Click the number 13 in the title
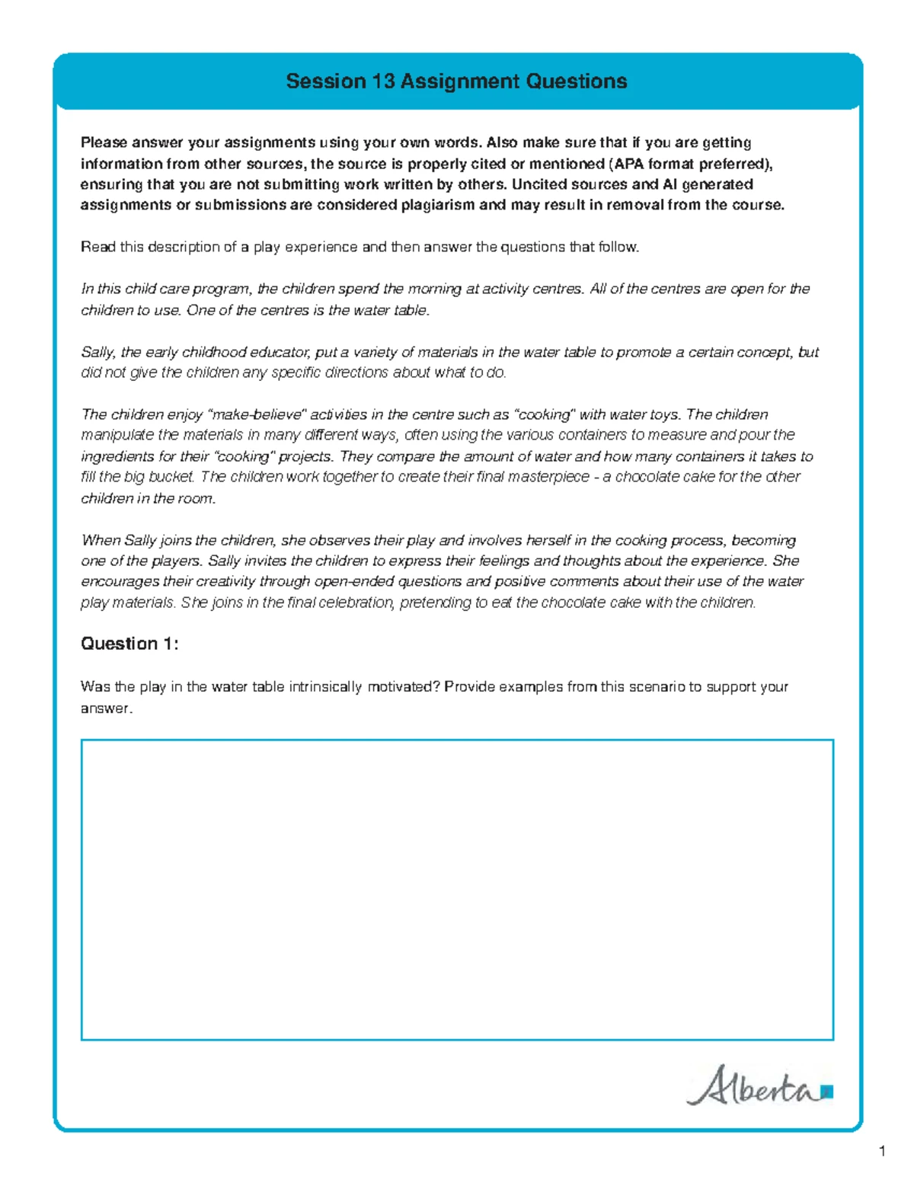pyautogui.click(x=383, y=82)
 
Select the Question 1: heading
pyautogui.click(x=129, y=644)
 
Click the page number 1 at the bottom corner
pyautogui.click(x=882, y=1151)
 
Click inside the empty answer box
pyautogui.click(x=457, y=889)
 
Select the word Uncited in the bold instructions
pyautogui.click(x=539, y=184)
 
